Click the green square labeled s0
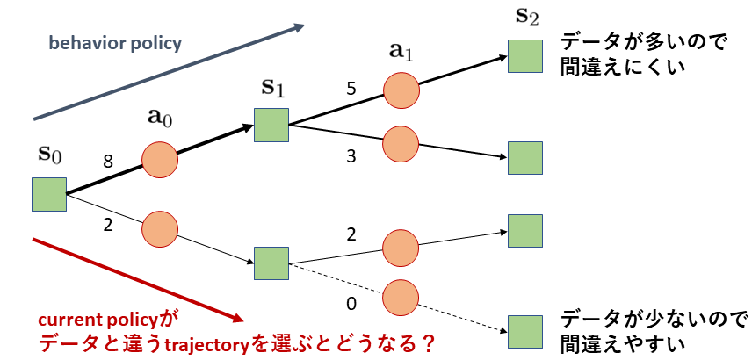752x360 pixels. pyautogui.click(x=49, y=194)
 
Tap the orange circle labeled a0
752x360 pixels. pyautogui.click(x=160, y=159)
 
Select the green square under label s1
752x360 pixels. pyautogui.click(x=271, y=125)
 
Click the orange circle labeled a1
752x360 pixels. pyautogui.click(x=401, y=90)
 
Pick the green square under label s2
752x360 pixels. pyautogui.click(x=525, y=56)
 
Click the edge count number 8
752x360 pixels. pyautogui.click(x=108, y=162)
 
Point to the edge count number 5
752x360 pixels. pyautogui.click(x=351, y=89)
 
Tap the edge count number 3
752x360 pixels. pyautogui.click(x=351, y=157)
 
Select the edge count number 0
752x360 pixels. pyautogui.click(x=351, y=304)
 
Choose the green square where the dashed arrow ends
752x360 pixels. pyautogui.click(x=525, y=332)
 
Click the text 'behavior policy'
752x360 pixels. pyautogui.click(x=115, y=43)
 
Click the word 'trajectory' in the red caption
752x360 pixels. pyautogui.click(x=206, y=343)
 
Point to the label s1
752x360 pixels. pyautogui.click(x=272, y=90)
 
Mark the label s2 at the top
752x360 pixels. pyautogui.click(x=526, y=18)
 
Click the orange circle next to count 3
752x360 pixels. pyautogui.click(x=401, y=144)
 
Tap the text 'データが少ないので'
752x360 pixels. pyautogui.click(x=654, y=319)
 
